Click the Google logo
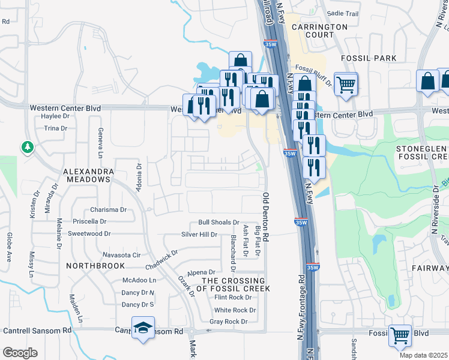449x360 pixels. click(x=20, y=353)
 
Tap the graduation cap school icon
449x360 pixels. click(x=142, y=328)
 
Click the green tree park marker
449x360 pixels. click(x=26, y=146)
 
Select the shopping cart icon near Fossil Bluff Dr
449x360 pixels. click(x=346, y=84)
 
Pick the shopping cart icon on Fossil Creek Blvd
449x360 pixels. click(x=400, y=336)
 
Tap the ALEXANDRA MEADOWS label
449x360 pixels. click(x=88, y=175)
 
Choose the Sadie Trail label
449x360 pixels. click(x=342, y=13)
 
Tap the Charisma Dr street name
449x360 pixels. click(x=108, y=210)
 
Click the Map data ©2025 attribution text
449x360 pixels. click(x=423, y=355)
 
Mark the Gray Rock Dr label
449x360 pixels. click(x=228, y=322)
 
